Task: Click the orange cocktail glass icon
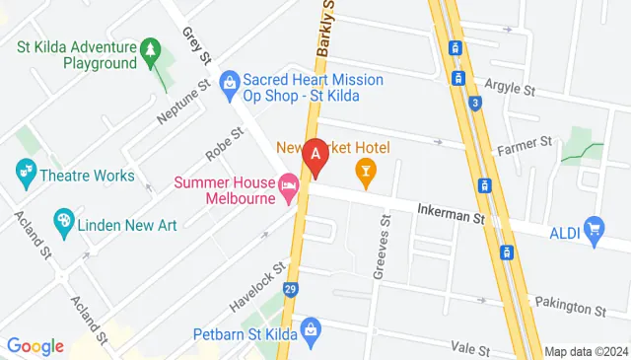pos(366,176)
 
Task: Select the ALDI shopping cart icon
pos(594,232)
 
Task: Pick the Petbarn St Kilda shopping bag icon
pos(310,328)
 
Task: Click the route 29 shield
pos(290,289)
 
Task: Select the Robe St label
pos(224,144)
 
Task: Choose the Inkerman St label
pos(453,211)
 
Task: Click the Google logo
pos(35,346)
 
